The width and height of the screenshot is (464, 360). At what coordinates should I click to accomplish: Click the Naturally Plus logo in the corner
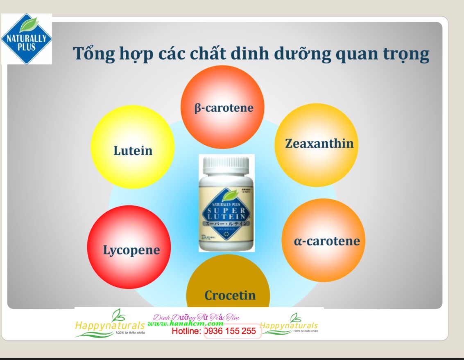coord(27,39)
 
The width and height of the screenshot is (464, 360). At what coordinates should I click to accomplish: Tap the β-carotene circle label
coord(224,108)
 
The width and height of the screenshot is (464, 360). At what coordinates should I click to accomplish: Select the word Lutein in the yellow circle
coord(133,151)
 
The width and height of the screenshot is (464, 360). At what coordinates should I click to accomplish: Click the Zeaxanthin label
coord(319,144)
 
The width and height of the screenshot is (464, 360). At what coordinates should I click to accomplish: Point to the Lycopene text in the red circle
coord(131,250)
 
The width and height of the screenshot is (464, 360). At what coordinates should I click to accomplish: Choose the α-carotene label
coord(327,241)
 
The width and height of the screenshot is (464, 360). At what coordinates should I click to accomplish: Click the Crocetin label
coord(230,295)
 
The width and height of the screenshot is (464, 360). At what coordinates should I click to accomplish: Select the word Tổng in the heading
coord(93,54)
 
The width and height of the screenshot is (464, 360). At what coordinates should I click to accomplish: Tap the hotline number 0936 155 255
coord(232,331)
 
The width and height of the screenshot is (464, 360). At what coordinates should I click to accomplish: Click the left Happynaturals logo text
coord(110,326)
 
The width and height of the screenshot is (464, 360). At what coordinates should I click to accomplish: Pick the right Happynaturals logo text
coord(289,326)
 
